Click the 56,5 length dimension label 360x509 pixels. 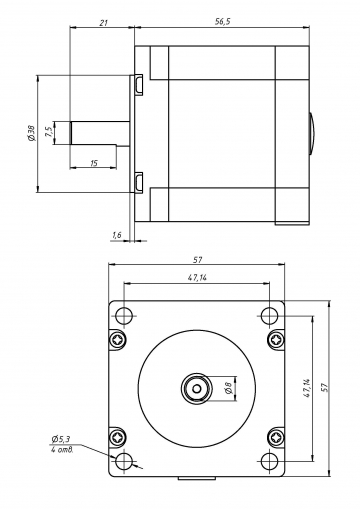tap(223, 22)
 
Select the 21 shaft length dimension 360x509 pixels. tap(104, 23)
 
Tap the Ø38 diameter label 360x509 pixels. tap(31, 133)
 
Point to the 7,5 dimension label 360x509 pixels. tap(48, 132)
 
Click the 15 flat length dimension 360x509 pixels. tap(94, 163)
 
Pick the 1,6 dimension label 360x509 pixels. tap(117, 235)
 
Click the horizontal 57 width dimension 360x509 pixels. tap(197, 260)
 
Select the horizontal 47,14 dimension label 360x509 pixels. tap(197, 278)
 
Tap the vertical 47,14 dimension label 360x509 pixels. tap(307, 388)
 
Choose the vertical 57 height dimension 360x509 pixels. tap(324, 387)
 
